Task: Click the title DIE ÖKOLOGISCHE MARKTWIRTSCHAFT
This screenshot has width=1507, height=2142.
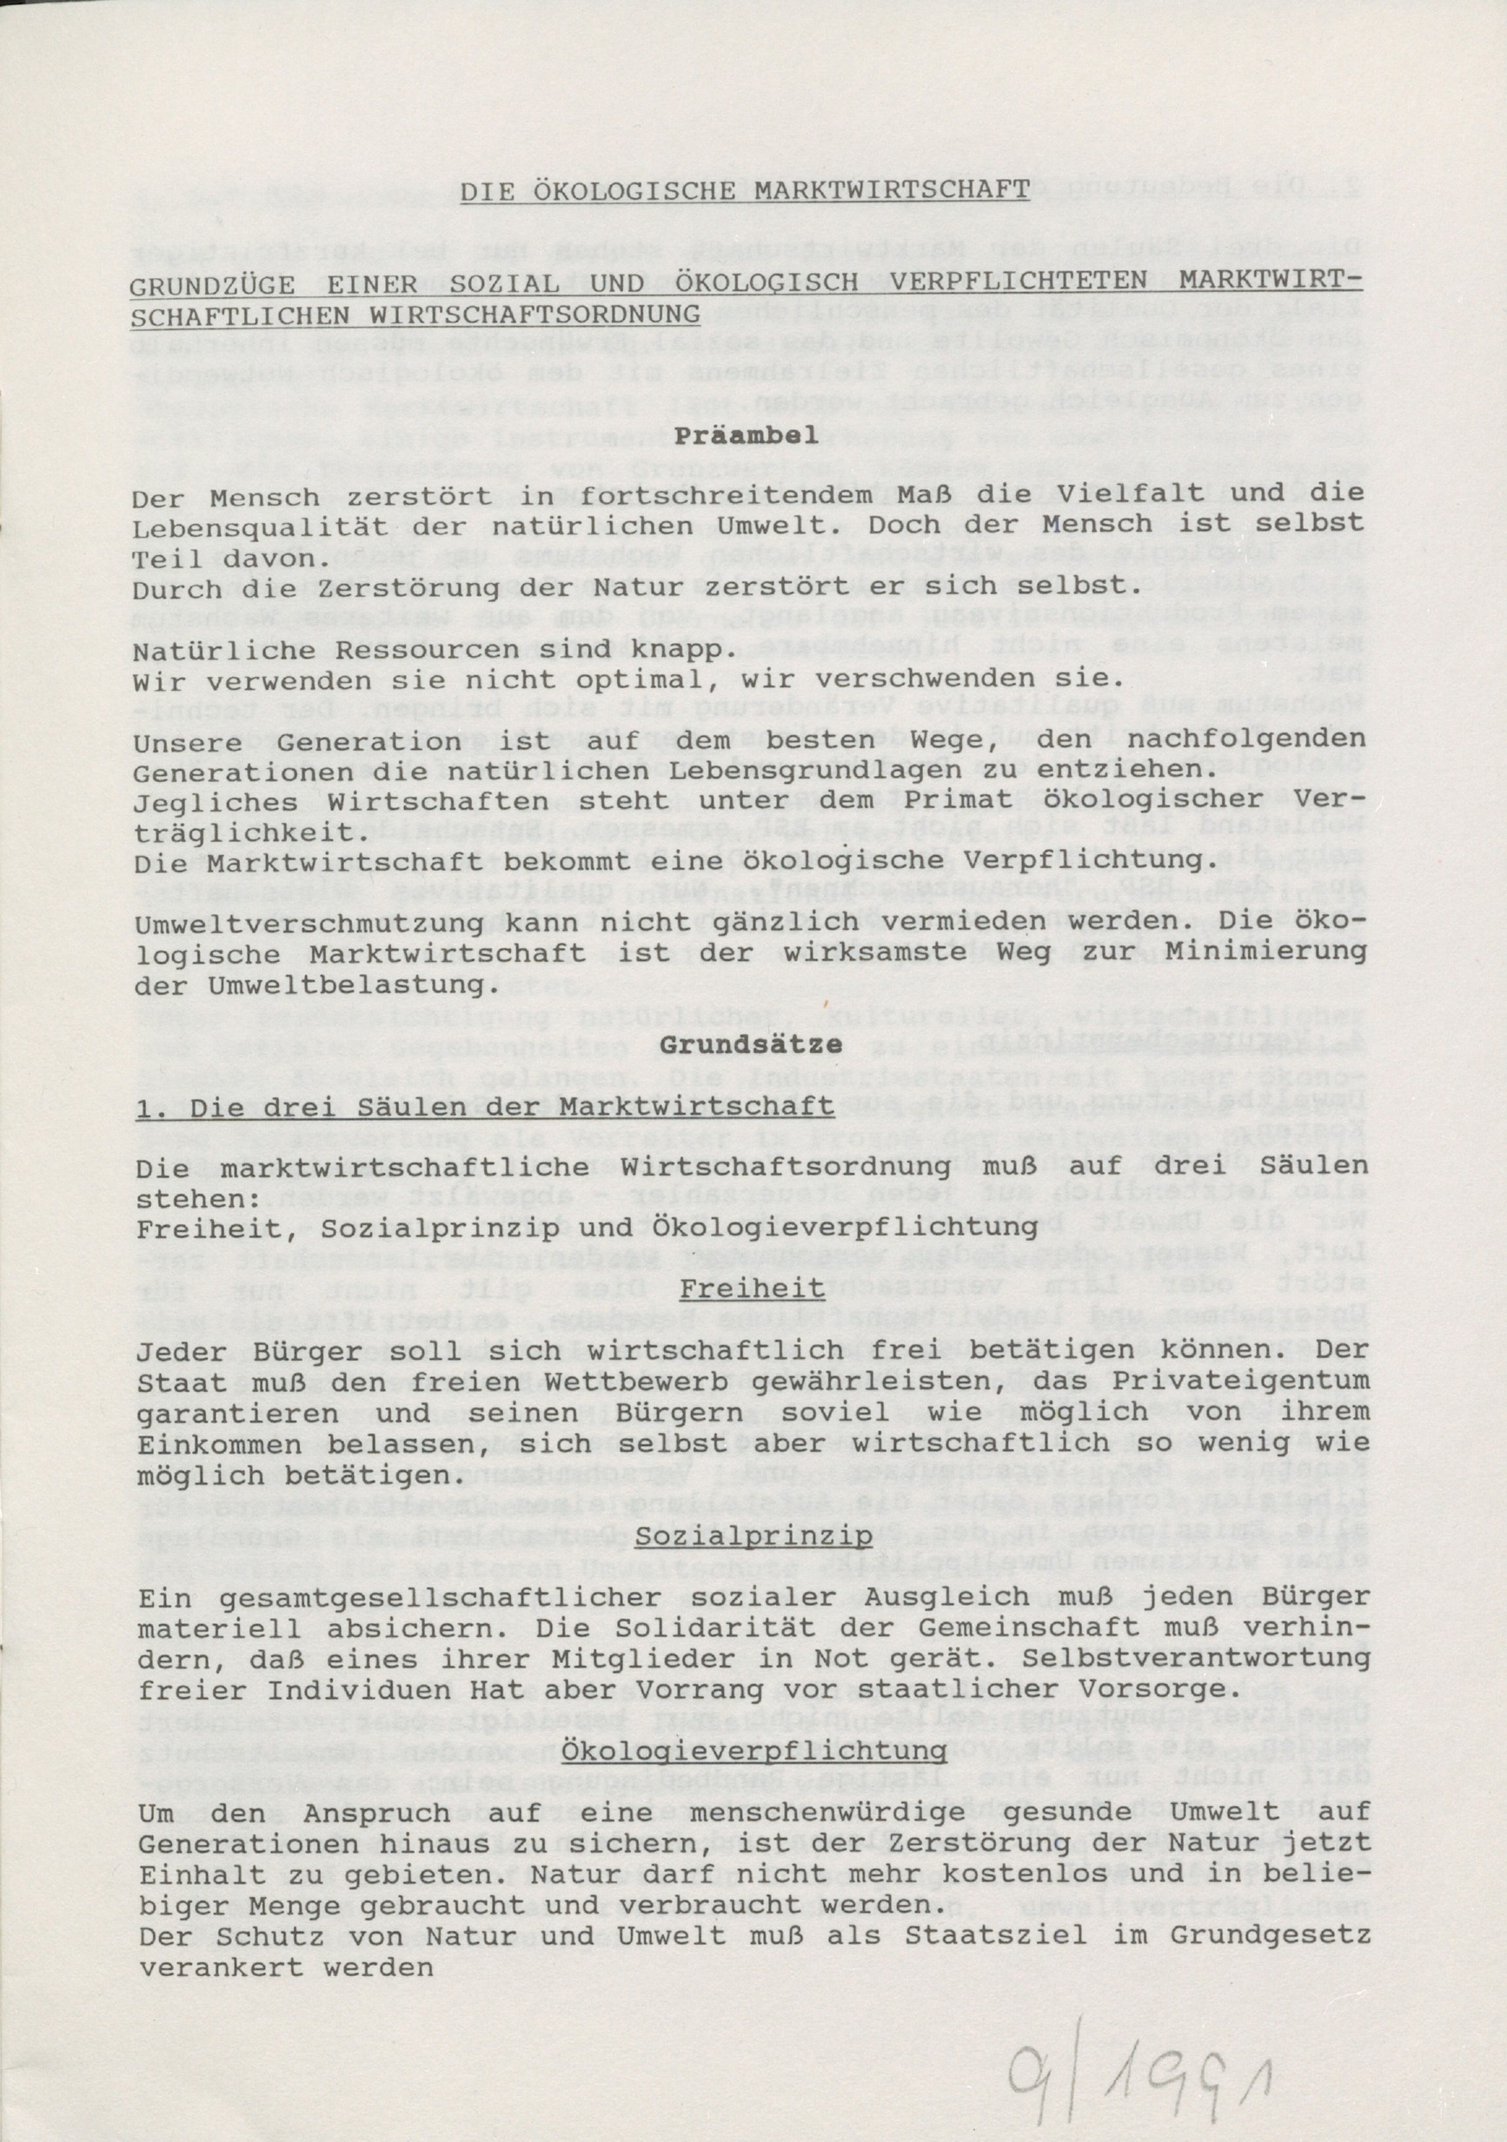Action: pos(744,190)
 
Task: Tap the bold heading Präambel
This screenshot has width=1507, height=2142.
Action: pos(746,434)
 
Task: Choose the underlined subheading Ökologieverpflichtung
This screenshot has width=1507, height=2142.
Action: pos(754,1752)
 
